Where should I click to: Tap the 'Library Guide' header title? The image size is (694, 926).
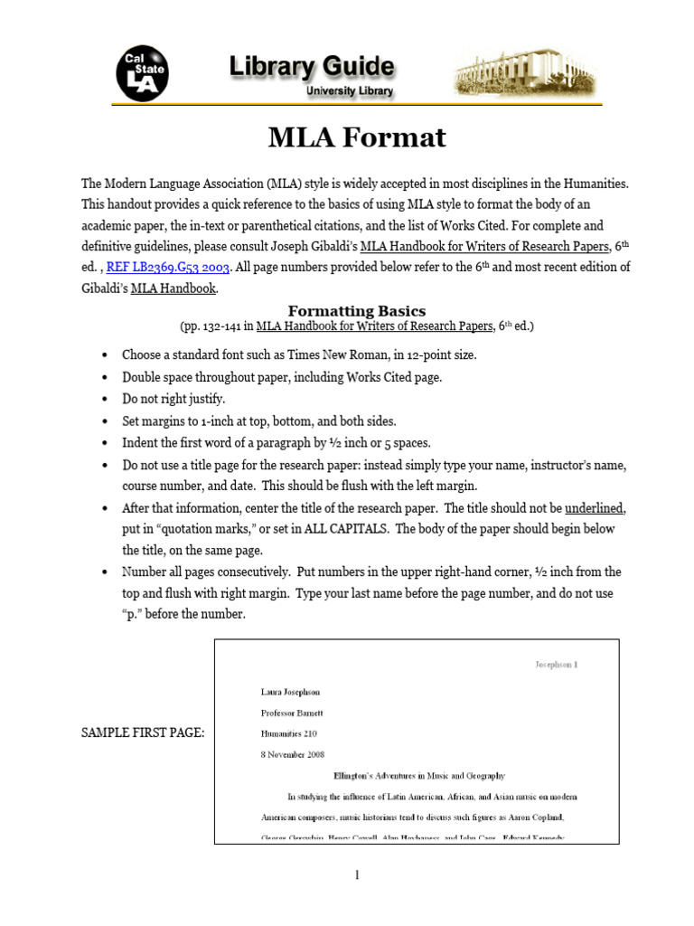(x=311, y=67)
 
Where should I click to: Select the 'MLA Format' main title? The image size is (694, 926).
(x=357, y=137)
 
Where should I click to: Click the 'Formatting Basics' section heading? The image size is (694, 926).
(x=356, y=311)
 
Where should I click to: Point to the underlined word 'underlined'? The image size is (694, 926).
(x=595, y=507)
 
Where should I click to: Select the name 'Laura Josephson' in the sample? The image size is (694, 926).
(x=290, y=692)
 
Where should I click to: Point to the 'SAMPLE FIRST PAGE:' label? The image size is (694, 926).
(x=143, y=732)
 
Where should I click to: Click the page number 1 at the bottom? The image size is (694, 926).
(x=357, y=874)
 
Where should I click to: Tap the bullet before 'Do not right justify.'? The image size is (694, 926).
(x=107, y=399)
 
